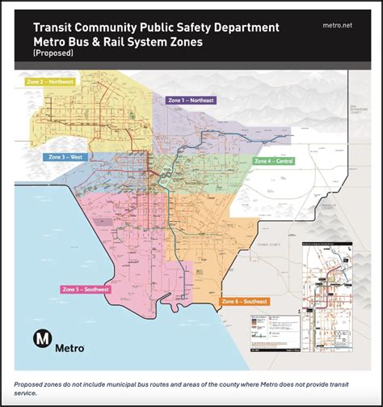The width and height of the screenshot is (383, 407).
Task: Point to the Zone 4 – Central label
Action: (274, 161)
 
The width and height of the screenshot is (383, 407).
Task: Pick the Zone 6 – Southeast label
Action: (244, 301)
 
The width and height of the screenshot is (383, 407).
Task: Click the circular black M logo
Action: (43, 339)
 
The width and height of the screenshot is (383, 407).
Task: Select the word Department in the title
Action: (245, 27)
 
